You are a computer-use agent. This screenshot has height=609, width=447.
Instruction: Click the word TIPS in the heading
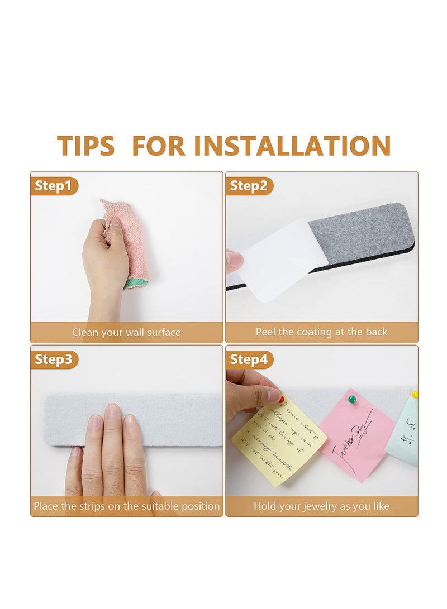[85, 146]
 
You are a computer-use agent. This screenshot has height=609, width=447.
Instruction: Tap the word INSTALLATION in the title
[296, 146]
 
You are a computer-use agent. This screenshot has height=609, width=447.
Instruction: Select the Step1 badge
[54, 186]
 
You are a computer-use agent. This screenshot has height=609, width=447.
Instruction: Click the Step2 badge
[249, 186]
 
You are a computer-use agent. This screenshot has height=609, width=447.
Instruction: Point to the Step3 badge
[54, 360]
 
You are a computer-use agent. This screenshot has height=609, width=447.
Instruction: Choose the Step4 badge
[249, 360]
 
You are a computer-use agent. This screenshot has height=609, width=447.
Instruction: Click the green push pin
[352, 399]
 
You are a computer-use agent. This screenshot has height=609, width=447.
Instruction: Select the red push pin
[281, 399]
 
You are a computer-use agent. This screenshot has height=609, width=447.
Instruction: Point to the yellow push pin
[415, 394]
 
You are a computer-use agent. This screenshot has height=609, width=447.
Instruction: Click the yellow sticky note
[277, 441]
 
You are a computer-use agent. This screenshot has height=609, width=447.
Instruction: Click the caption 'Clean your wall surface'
[126, 333]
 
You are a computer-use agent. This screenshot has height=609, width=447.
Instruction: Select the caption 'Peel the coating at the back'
[321, 332]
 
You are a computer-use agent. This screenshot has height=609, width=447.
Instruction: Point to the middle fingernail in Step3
[113, 414]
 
